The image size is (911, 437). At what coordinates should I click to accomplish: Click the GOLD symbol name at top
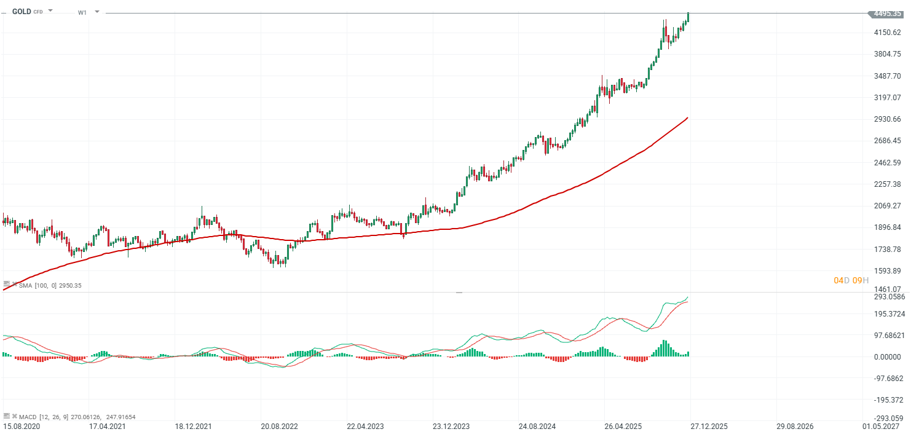[x=22, y=11]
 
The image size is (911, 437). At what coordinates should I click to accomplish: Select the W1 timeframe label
[x=82, y=12]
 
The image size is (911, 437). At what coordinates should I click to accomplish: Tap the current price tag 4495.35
[x=887, y=14]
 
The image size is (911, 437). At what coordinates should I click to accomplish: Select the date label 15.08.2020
[x=22, y=425]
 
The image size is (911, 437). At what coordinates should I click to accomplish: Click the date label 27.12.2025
[x=708, y=425]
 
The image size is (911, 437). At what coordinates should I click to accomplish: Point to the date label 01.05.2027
[x=880, y=425]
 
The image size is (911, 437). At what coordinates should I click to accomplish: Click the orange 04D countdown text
[x=842, y=280]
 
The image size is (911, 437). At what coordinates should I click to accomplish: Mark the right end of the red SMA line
[x=687, y=117]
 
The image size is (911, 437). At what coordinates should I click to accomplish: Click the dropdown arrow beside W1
[x=97, y=12]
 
